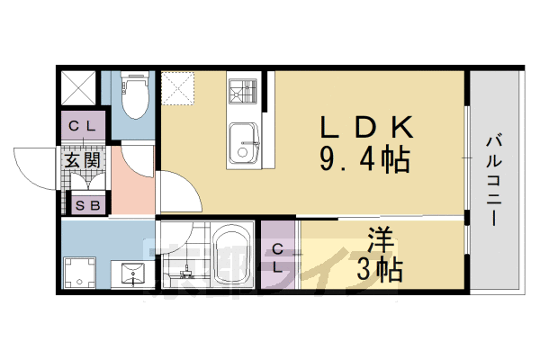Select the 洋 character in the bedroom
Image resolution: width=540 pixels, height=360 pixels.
coord(380,240)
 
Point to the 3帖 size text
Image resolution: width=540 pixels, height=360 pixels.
coord(379,268)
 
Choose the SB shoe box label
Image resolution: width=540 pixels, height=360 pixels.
coord(87,206)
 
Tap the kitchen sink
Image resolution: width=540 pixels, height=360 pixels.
coord(243,142)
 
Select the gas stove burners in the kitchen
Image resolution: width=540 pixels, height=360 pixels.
coord(243,92)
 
